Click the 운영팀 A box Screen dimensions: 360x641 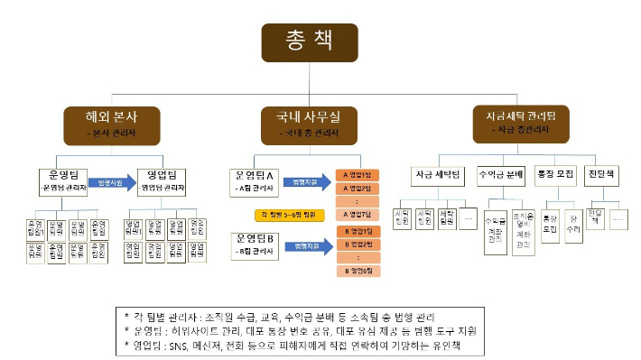[x=255, y=178]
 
